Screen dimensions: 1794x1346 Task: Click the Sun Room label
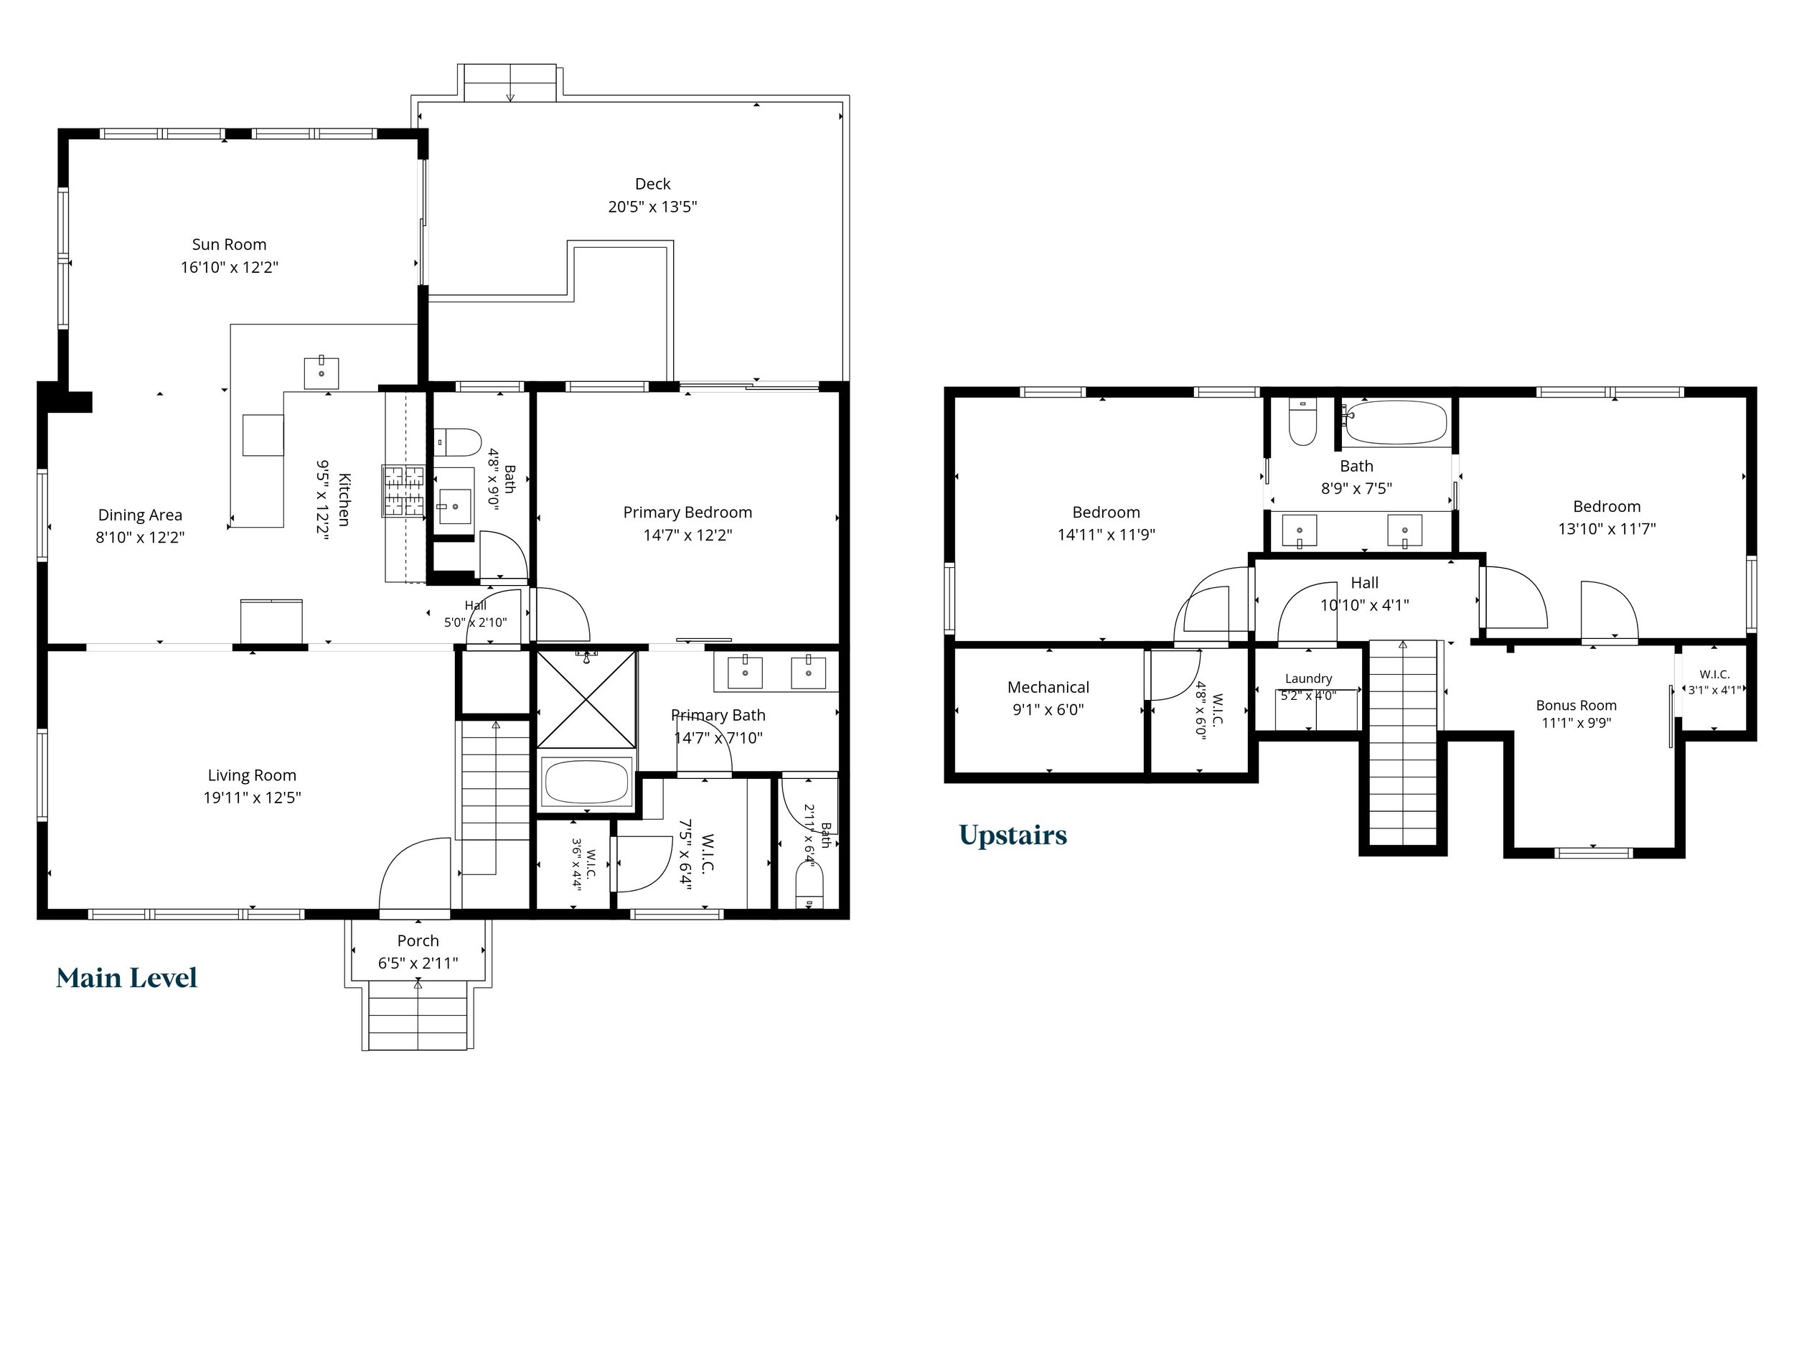(x=229, y=244)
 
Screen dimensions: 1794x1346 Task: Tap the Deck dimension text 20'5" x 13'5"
(x=652, y=207)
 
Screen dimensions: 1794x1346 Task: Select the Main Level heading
(x=126, y=978)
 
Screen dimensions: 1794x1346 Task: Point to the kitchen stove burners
(x=403, y=491)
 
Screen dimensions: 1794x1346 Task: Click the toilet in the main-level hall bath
(x=459, y=442)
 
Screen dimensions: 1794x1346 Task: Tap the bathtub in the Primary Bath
(x=586, y=781)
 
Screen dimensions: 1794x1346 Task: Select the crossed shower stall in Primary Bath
(x=586, y=698)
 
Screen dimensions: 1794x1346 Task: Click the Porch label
(x=418, y=940)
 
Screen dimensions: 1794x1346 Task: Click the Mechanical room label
(x=1048, y=687)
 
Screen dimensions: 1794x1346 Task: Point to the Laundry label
(x=1308, y=678)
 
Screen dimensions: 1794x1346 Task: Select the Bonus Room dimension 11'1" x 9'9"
(x=1576, y=723)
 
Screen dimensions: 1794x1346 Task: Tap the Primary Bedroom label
(x=687, y=513)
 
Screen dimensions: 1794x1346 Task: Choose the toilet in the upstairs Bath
(x=1302, y=422)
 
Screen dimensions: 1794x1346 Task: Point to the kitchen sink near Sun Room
(x=321, y=373)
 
